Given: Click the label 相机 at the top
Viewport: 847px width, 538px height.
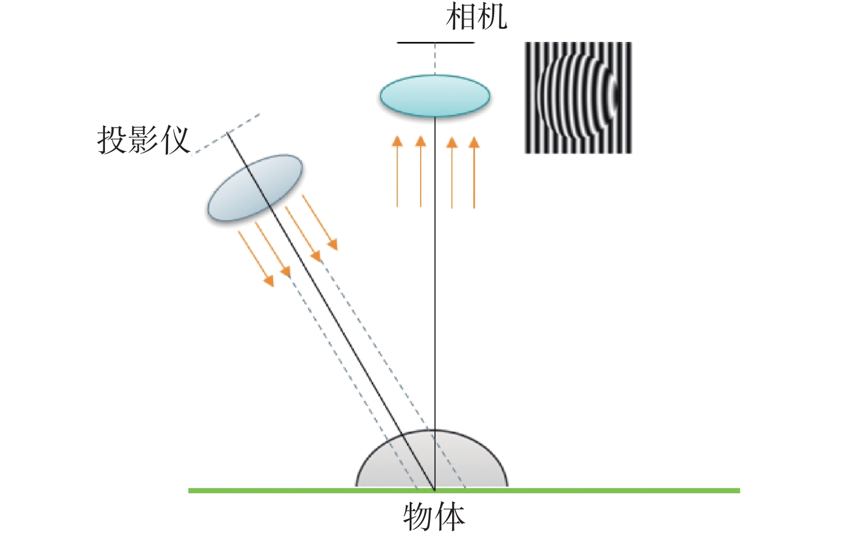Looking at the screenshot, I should point(476,17).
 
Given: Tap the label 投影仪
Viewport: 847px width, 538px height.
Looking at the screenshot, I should point(143,140).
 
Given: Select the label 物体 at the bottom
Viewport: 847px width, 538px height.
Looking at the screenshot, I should point(434,517).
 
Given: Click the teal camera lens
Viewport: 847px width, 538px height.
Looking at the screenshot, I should point(434,96).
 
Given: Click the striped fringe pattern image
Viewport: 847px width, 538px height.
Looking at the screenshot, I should point(578,98).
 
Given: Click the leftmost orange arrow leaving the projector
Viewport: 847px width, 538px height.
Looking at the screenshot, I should point(256,258).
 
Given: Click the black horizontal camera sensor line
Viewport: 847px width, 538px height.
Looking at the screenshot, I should point(436,42).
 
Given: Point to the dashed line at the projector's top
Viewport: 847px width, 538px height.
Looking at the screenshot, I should point(227,133).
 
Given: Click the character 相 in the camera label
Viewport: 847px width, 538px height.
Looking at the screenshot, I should point(461,17).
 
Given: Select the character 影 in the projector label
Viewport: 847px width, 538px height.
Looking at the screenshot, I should point(143,140).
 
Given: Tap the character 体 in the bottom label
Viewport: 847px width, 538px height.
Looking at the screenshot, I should point(449,517).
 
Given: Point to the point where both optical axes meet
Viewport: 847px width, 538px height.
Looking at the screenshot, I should point(434,490).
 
